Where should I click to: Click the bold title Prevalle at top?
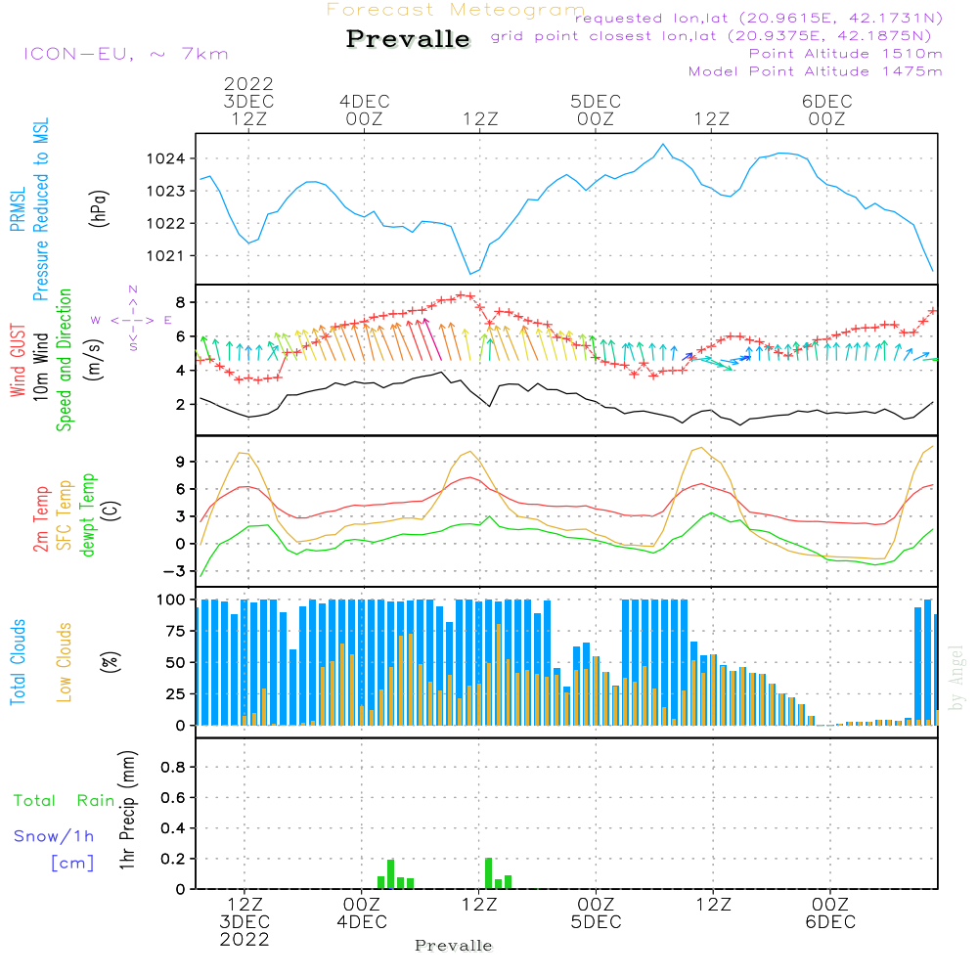(x=408, y=39)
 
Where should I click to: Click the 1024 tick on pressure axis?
(x=166, y=158)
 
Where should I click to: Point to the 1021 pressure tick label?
(x=166, y=255)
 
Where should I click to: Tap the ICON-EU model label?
(x=126, y=54)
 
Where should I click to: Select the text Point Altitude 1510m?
(x=845, y=54)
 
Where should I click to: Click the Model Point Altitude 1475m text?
(x=816, y=71)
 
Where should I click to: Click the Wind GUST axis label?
(x=18, y=360)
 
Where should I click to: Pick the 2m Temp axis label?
(x=40, y=519)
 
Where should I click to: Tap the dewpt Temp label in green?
(x=87, y=514)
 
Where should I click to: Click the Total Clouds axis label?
(x=18, y=662)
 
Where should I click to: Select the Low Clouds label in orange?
(x=65, y=662)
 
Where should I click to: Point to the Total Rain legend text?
(x=65, y=800)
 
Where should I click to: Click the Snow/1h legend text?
(x=54, y=836)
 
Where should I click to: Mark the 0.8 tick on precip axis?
(x=173, y=767)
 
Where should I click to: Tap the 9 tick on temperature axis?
(x=180, y=462)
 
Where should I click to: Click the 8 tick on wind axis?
(x=180, y=302)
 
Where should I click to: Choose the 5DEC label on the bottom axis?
(x=596, y=922)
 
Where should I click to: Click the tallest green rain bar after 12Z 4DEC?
(x=488, y=873)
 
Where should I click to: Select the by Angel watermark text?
(x=956, y=678)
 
